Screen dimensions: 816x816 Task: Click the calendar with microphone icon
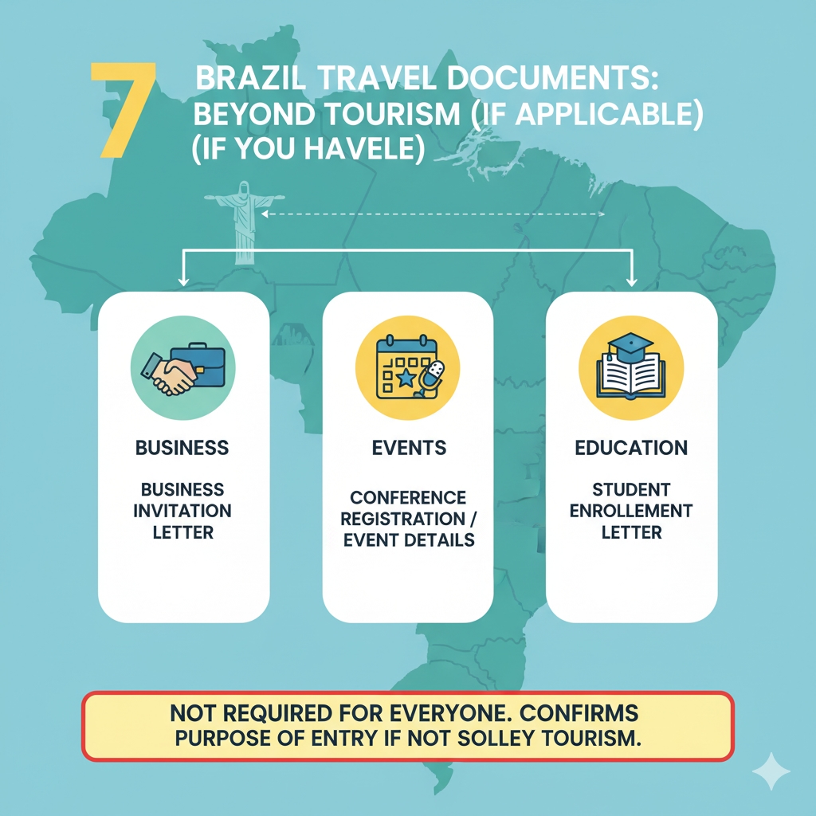click(x=407, y=369)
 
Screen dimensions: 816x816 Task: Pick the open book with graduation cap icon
click(x=631, y=367)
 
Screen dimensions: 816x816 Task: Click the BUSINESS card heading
click(x=182, y=447)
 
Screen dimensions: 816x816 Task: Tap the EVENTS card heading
click(x=409, y=447)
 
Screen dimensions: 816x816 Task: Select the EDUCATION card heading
click(x=630, y=447)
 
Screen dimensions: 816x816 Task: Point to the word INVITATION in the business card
click(x=182, y=510)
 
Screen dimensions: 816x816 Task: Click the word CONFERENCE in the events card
click(x=408, y=497)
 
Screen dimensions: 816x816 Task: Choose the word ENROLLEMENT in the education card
click(x=631, y=510)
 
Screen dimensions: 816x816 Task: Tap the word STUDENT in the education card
click(x=631, y=488)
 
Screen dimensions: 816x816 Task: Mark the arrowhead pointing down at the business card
click(x=183, y=280)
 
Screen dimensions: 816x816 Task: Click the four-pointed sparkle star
click(x=771, y=771)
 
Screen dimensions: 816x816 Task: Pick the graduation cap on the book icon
click(x=629, y=344)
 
